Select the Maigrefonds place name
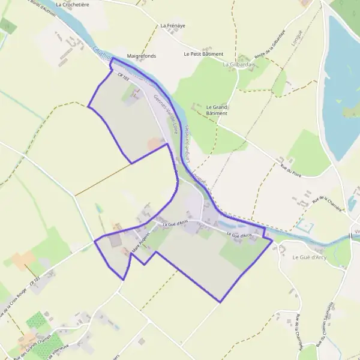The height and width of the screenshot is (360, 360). coord(142,56)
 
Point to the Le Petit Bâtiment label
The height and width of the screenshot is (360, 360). coord(203,53)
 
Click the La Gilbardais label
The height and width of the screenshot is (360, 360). coord(239,64)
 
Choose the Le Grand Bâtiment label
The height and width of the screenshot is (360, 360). coord(217,110)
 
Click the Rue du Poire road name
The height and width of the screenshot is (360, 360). coord(291,170)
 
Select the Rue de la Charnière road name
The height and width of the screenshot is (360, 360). coord(327,202)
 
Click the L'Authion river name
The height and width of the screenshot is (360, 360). coord(102,55)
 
